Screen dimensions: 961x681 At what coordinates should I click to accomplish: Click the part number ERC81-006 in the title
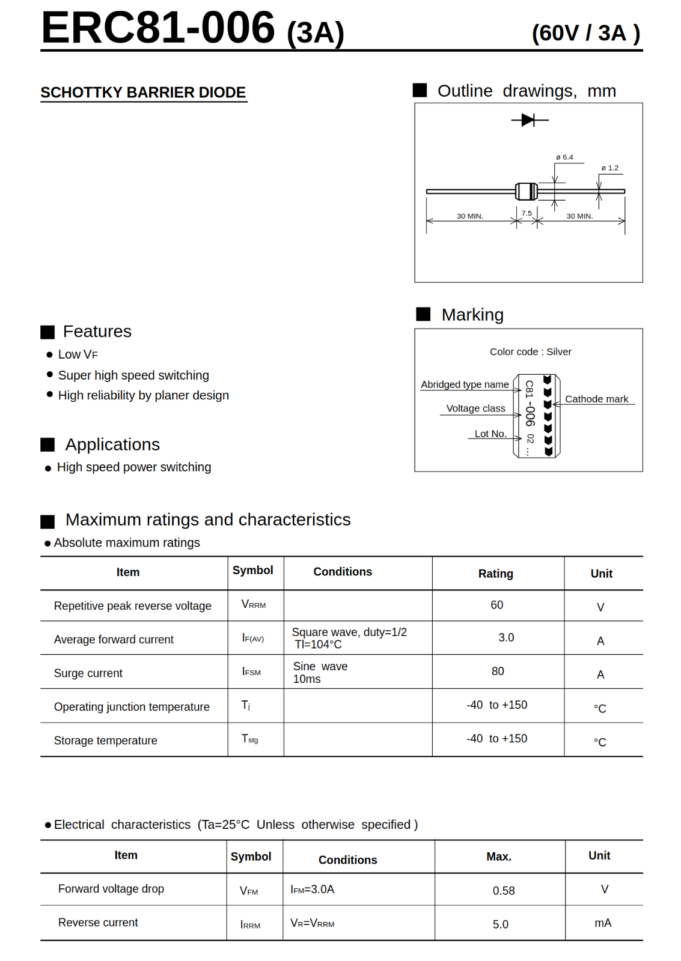157,28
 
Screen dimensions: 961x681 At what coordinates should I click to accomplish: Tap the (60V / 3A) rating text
585,33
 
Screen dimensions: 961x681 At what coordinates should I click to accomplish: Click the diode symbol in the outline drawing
529,120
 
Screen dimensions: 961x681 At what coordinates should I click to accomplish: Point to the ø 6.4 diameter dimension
564,157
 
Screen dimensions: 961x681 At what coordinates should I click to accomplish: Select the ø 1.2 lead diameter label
609,168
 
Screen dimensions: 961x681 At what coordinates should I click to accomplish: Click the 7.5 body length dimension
527,213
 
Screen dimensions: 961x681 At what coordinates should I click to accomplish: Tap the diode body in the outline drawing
527,192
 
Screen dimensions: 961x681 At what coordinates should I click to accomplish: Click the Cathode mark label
596,399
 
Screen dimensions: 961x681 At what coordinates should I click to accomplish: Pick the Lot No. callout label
490,434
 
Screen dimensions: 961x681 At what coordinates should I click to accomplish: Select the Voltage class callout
475,408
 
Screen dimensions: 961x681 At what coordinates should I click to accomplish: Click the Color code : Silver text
530,352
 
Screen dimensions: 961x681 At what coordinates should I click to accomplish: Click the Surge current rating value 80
498,671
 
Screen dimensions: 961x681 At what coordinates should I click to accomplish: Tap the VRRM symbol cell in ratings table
254,604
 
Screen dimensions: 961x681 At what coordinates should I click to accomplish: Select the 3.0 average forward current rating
506,638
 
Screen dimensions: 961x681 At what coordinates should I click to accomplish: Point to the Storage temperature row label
106,741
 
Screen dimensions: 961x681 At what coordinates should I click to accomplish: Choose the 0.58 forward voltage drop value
504,891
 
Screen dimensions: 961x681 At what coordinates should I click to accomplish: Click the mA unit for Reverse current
603,923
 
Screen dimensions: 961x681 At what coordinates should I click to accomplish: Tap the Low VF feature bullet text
78,355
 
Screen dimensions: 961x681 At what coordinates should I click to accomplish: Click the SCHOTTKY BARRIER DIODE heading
143,92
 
